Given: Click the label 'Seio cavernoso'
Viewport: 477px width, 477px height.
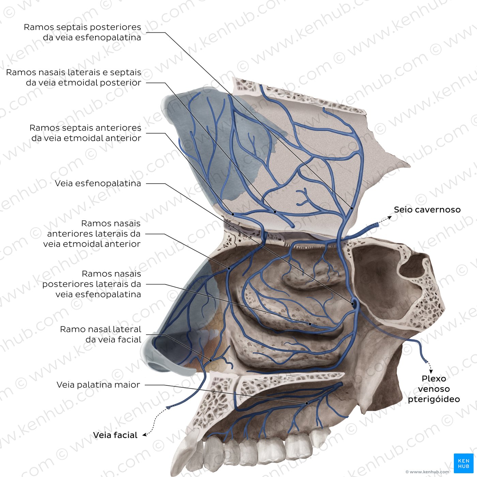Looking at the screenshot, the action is tap(427, 210).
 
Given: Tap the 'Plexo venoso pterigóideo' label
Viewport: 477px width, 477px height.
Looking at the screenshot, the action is tap(434, 389).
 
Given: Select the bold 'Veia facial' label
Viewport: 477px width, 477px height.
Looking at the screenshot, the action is tap(115, 435).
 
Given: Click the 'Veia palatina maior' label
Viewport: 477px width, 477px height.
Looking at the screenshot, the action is tap(98, 385).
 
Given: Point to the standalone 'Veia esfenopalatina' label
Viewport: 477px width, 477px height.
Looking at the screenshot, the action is tap(98, 183).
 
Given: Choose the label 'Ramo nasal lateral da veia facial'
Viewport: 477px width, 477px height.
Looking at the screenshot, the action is tap(101, 334).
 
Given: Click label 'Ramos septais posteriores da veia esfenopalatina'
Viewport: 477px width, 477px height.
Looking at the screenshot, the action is tap(82, 32).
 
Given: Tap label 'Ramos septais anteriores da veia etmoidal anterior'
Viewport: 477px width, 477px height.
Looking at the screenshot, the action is tap(86, 133).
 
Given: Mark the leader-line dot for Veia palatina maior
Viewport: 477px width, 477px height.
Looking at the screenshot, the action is tap(307, 403).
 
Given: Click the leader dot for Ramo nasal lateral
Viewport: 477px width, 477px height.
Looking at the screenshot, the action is tap(211, 360).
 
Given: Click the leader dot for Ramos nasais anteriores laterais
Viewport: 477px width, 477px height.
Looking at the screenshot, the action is tap(229, 268).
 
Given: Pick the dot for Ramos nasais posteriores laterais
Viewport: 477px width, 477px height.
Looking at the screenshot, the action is tap(310, 324).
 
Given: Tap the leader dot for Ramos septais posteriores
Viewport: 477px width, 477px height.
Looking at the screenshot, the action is tap(352, 209).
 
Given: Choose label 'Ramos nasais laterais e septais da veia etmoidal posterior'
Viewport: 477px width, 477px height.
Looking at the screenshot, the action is tap(74, 77).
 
